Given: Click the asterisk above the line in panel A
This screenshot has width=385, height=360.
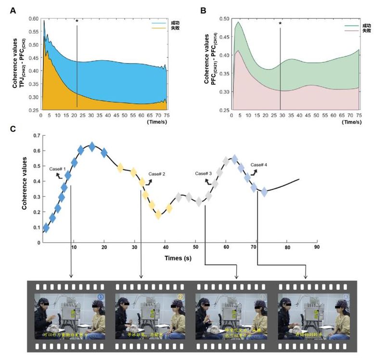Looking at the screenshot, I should (77, 21).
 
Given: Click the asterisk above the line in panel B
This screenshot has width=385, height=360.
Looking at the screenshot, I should (280, 24).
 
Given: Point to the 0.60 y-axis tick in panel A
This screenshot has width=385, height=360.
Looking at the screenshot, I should (33, 19).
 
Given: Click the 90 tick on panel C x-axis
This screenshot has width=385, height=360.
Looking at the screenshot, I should (317, 247).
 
